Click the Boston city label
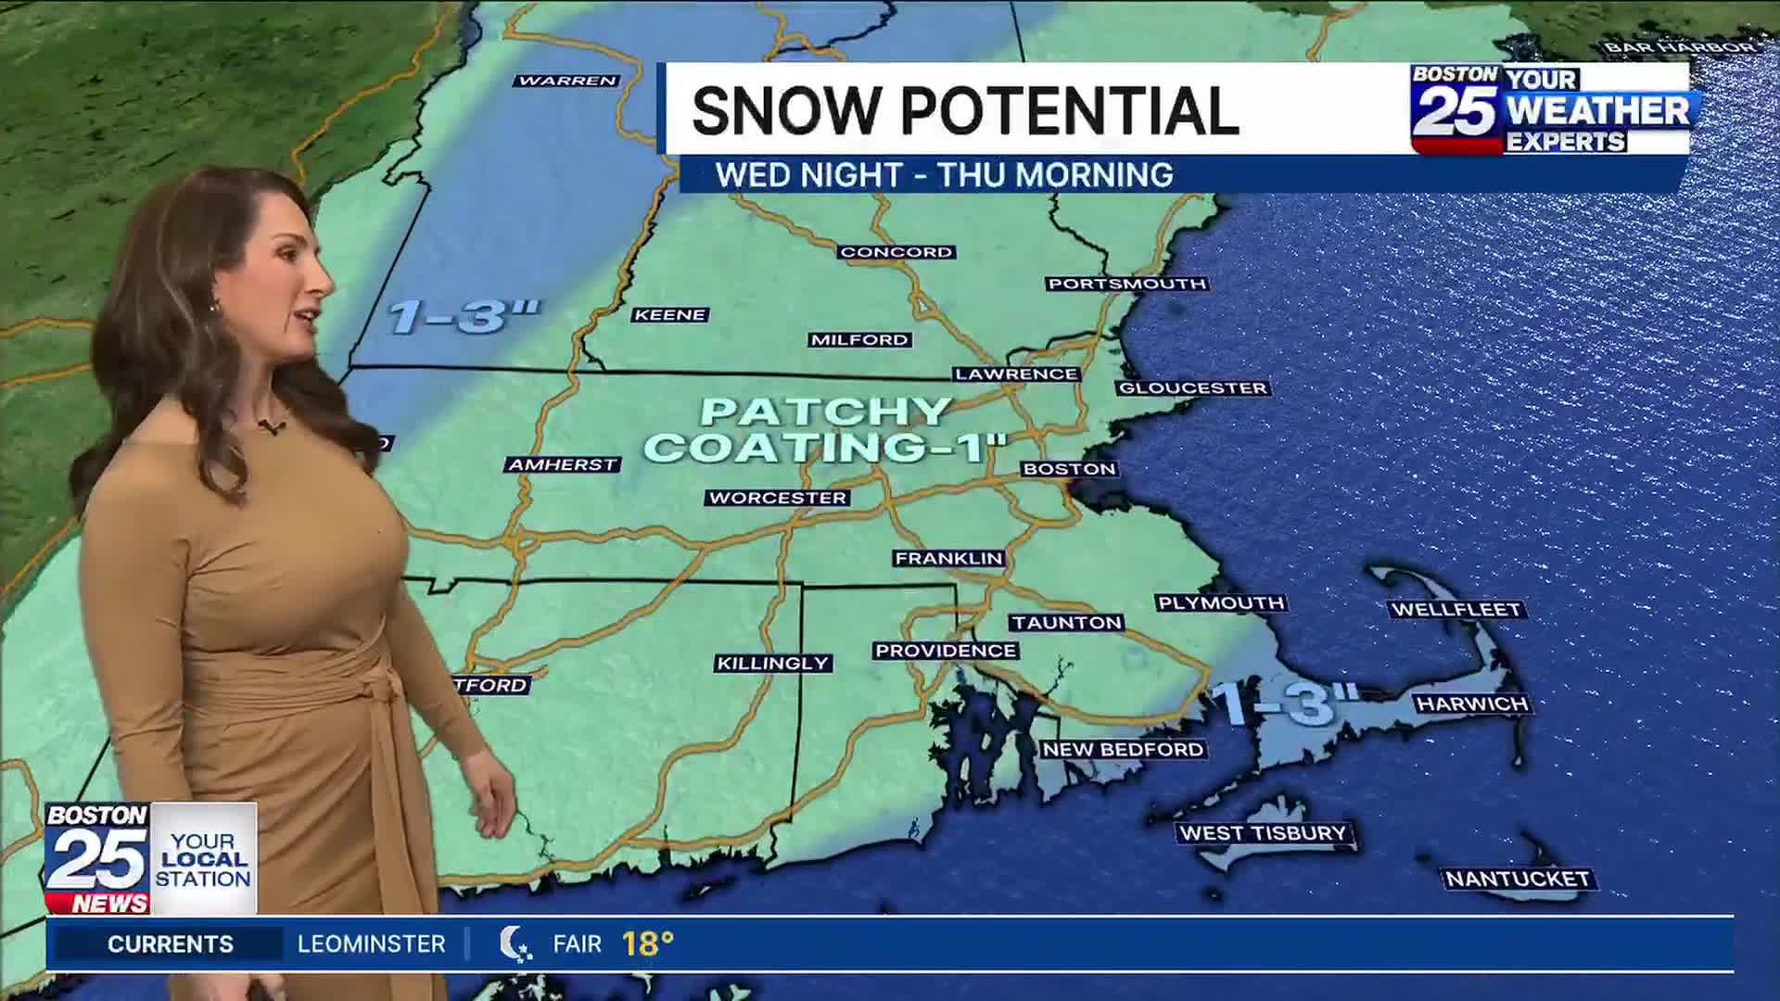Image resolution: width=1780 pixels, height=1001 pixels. click(1069, 469)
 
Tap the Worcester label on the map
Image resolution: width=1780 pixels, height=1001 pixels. click(778, 498)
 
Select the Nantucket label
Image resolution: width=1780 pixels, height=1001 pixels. click(1518, 879)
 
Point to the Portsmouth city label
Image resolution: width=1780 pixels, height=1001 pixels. click(1127, 284)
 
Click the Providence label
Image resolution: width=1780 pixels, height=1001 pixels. click(946, 651)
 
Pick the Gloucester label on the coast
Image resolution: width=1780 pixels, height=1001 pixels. click(1193, 388)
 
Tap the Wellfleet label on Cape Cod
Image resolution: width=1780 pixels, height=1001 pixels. click(1456, 610)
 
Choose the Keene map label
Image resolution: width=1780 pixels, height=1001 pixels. click(670, 315)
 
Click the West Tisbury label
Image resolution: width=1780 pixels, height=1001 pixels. click(1263, 833)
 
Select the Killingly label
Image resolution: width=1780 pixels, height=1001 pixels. click(773, 664)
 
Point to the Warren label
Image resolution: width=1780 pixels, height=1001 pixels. click(567, 81)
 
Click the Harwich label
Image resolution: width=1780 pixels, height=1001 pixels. click(1472, 704)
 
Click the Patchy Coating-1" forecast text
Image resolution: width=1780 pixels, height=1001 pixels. click(825, 430)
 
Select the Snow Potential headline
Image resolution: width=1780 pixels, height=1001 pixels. click(964, 110)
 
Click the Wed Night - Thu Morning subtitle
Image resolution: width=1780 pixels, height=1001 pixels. click(944, 175)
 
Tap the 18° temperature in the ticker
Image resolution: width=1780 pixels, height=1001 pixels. click(647, 944)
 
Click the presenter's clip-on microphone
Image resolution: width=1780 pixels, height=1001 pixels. click(271, 427)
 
